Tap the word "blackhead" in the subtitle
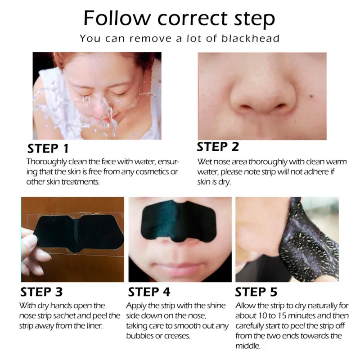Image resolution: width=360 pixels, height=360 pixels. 251,38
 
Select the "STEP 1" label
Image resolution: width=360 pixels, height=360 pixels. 49,148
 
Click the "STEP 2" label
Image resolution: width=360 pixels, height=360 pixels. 218,147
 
